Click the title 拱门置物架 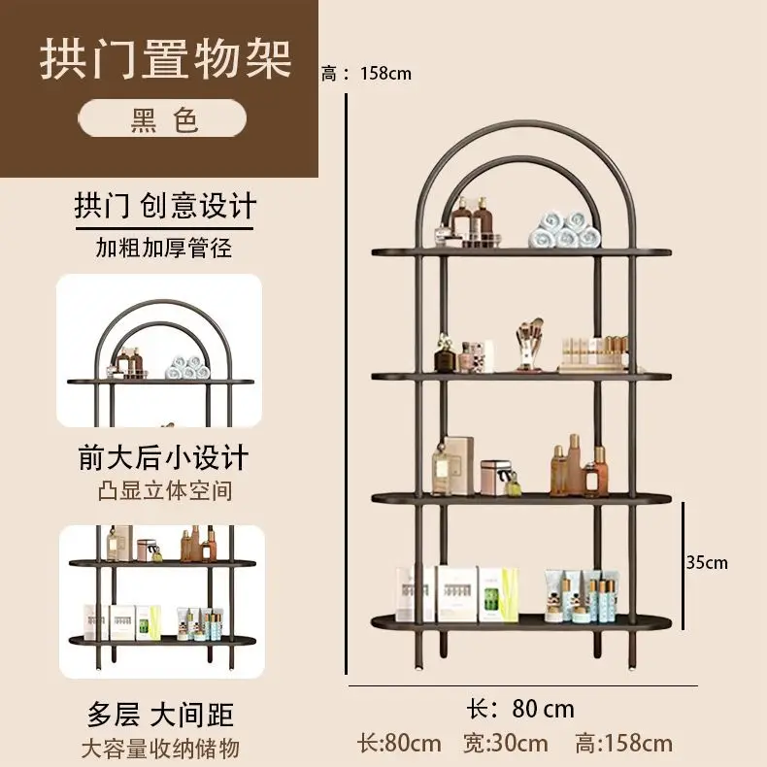[x=165, y=59]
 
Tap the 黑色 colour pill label [x=163, y=118]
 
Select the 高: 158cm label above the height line [x=366, y=74]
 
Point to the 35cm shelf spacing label [x=707, y=562]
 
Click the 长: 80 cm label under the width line [x=520, y=709]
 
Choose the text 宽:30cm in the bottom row [x=505, y=744]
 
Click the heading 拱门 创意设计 [x=165, y=206]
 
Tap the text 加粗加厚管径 [x=163, y=248]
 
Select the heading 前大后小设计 [x=163, y=457]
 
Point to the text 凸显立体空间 [x=165, y=490]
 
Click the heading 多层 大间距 [x=160, y=715]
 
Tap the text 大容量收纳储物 [x=160, y=749]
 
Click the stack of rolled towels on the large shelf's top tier [x=564, y=229]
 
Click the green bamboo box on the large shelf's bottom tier [x=497, y=594]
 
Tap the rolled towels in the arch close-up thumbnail [x=187, y=367]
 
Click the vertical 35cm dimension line [x=683, y=565]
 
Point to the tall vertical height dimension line [x=347, y=384]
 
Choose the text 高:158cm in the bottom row [x=623, y=744]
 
